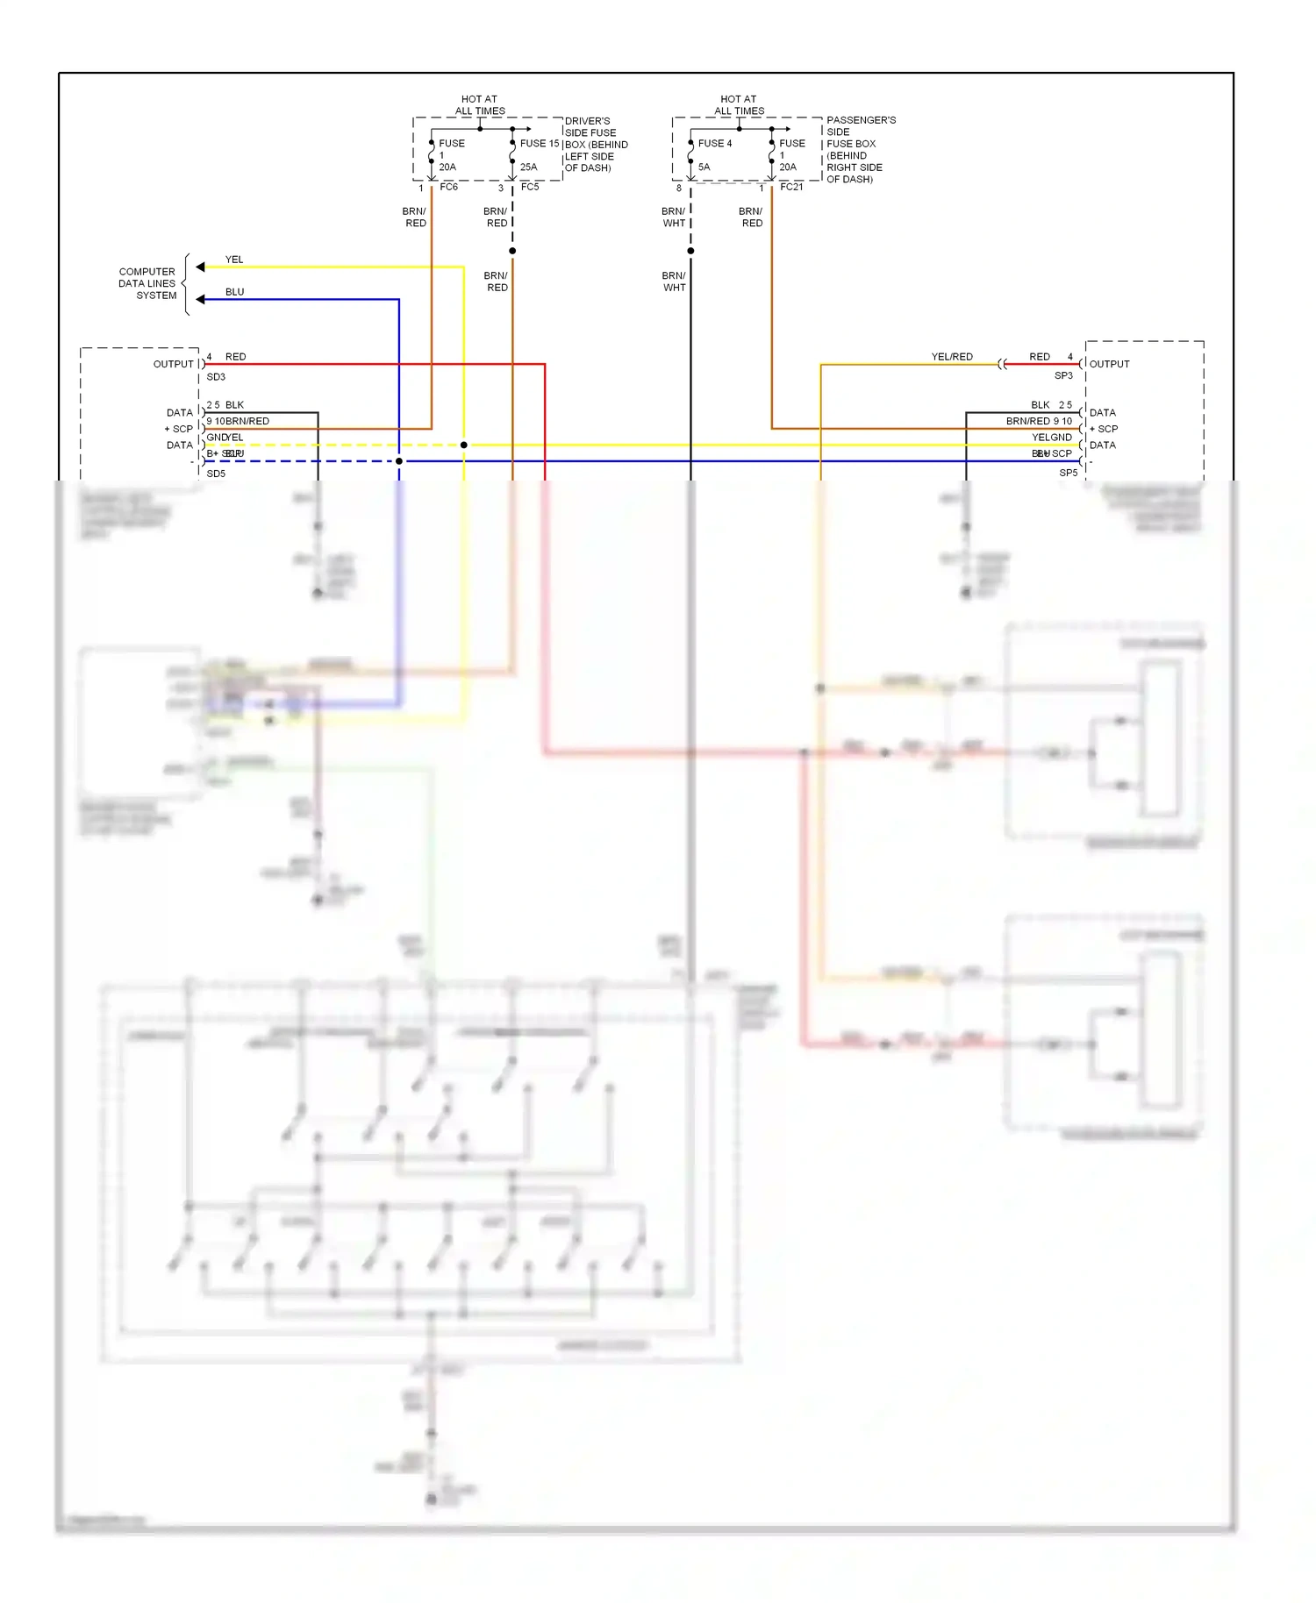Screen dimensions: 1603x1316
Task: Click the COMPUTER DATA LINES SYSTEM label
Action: tap(147, 283)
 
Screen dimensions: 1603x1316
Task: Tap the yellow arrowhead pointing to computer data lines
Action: tap(200, 267)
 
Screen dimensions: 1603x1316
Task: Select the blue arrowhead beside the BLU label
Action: tap(200, 299)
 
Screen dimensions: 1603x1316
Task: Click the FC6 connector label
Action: tap(448, 187)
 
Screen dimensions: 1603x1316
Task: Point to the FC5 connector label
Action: tap(530, 187)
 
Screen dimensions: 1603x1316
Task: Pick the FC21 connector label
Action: tap(791, 187)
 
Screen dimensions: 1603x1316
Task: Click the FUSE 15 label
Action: tap(539, 143)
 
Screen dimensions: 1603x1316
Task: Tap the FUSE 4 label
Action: tap(714, 143)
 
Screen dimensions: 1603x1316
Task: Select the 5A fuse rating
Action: tap(704, 167)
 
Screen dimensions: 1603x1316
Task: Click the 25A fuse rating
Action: tap(528, 167)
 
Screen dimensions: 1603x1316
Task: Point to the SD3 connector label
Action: tap(216, 377)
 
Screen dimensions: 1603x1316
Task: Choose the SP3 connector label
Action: tap(1063, 375)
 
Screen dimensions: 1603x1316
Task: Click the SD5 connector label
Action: tap(216, 474)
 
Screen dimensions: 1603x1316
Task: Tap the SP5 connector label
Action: tap(1068, 473)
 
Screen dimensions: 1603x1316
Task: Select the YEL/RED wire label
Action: tap(952, 357)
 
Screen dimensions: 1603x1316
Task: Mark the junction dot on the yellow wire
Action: tap(464, 445)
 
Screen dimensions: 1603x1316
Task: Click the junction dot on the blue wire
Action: tap(399, 461)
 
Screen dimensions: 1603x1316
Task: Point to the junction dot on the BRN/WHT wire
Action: tap(690, 251)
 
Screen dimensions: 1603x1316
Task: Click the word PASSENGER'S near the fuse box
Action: tap(861, 120)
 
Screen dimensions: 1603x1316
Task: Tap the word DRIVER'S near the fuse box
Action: tap(587, 121)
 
